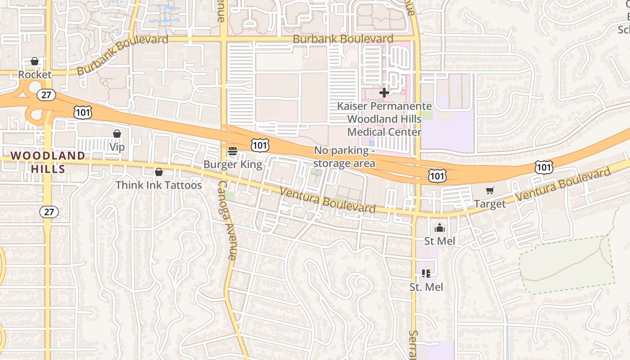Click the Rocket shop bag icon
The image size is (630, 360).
(x=35, y=61)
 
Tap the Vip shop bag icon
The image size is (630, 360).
(x=117, y=134)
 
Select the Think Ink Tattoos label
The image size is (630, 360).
(x=158, y=185)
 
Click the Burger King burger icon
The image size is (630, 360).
(x=233, y=151)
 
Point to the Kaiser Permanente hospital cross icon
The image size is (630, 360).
(x=384, y=93)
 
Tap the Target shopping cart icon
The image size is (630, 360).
(x=490, y=191)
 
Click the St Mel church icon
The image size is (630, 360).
(x=440, y=228)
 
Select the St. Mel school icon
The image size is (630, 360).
(x=426, y=273)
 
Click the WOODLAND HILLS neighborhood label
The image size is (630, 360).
(x=48, y=162)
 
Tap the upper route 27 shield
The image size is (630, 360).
(x=48, y=95)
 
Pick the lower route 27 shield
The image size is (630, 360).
(x=49, y=211)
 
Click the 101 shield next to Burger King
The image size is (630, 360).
(x=260, y=145)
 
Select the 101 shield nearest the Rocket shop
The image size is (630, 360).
(x=83, y=112)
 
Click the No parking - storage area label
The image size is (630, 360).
(x=344, y=157)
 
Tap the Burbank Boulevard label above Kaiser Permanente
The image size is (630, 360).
(x=343, y=39)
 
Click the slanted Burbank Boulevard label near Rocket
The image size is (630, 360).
(x=122, y=54)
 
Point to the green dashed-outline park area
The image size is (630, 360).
(x=567, y=265)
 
